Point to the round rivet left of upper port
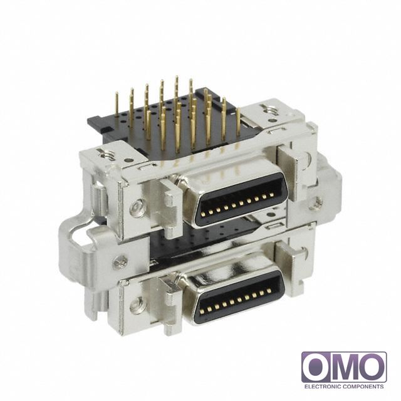pyautogui.click(x=137, y=207)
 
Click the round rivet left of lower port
pyautogui.click(x=136, y=306)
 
